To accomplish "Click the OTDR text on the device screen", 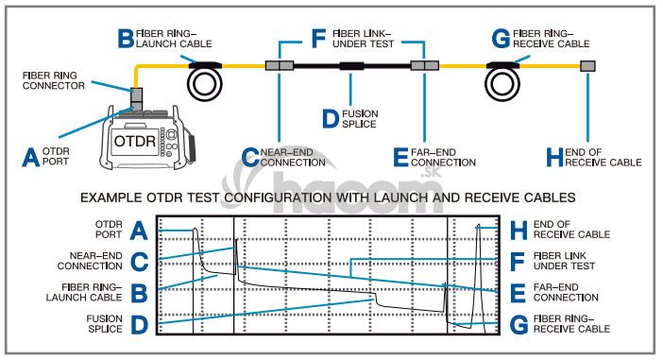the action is (135, 142).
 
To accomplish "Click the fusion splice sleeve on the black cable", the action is (351, 66).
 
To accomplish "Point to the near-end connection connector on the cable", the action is (280, 65).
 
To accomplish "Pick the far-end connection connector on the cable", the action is (424, 65).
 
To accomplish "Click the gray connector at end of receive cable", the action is (587, 65).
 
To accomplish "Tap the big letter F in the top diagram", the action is (318, 39).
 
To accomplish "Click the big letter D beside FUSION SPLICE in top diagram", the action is (331, 119).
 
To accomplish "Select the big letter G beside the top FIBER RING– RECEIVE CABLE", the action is (501, 39).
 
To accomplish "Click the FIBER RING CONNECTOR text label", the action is (54, 80).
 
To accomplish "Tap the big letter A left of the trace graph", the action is (139, 231).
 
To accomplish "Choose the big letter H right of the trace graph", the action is (518, 231).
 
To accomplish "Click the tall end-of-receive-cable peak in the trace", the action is (479, 227).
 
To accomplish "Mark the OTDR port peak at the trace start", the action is (195, 231).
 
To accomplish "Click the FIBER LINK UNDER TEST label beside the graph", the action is (564, 261).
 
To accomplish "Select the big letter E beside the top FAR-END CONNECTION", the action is (400, 158).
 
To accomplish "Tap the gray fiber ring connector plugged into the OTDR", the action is (136, 99).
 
